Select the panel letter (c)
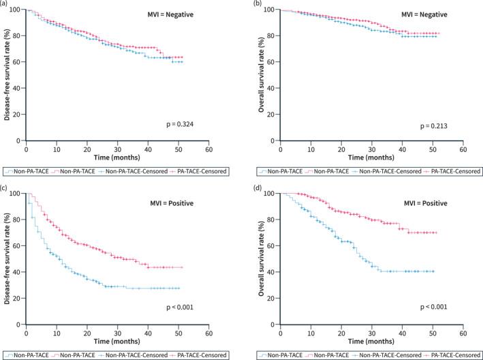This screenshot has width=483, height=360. [6, 187]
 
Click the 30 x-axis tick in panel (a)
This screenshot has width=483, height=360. [117, 149]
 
